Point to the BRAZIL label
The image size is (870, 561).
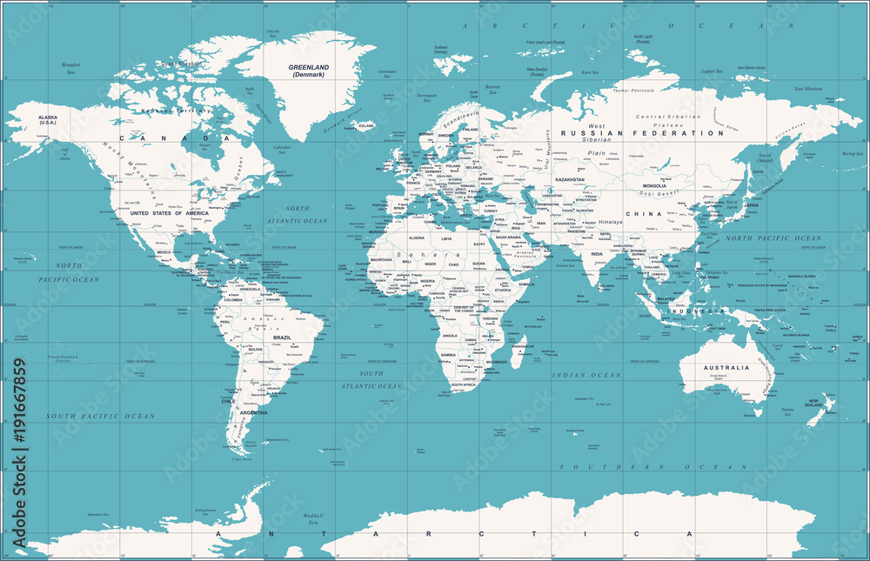click(x=283, y=337)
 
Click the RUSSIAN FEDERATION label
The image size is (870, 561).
click(x=642, y=134)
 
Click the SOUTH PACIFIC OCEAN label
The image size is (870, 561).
click(x=101, y=417)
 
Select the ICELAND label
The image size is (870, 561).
click(x=366, y=126)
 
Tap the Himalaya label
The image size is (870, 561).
click(x=610, y=222)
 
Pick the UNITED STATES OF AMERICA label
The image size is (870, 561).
click(x=169, y=213)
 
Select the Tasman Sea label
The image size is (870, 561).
click(x=787, y=411)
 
